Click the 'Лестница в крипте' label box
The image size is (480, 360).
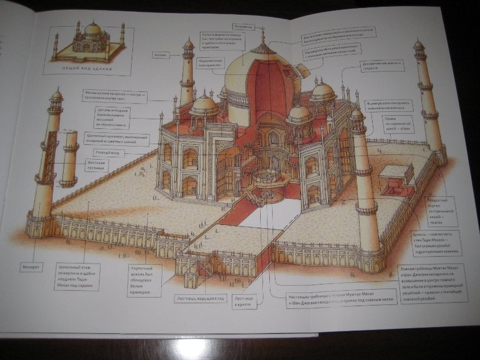pos(245,302)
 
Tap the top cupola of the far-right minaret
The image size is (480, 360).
pos(418,46)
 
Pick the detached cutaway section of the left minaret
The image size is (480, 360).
pos(69,159)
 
